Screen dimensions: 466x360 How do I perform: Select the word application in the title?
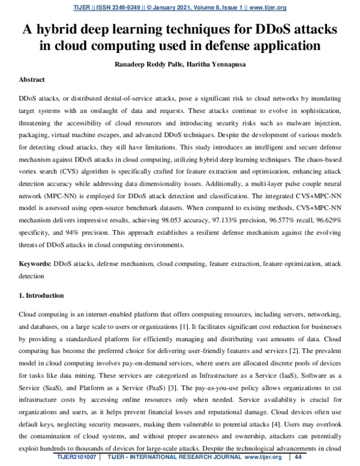tap(281, 47)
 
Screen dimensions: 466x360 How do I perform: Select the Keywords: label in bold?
tap(35, 264)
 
